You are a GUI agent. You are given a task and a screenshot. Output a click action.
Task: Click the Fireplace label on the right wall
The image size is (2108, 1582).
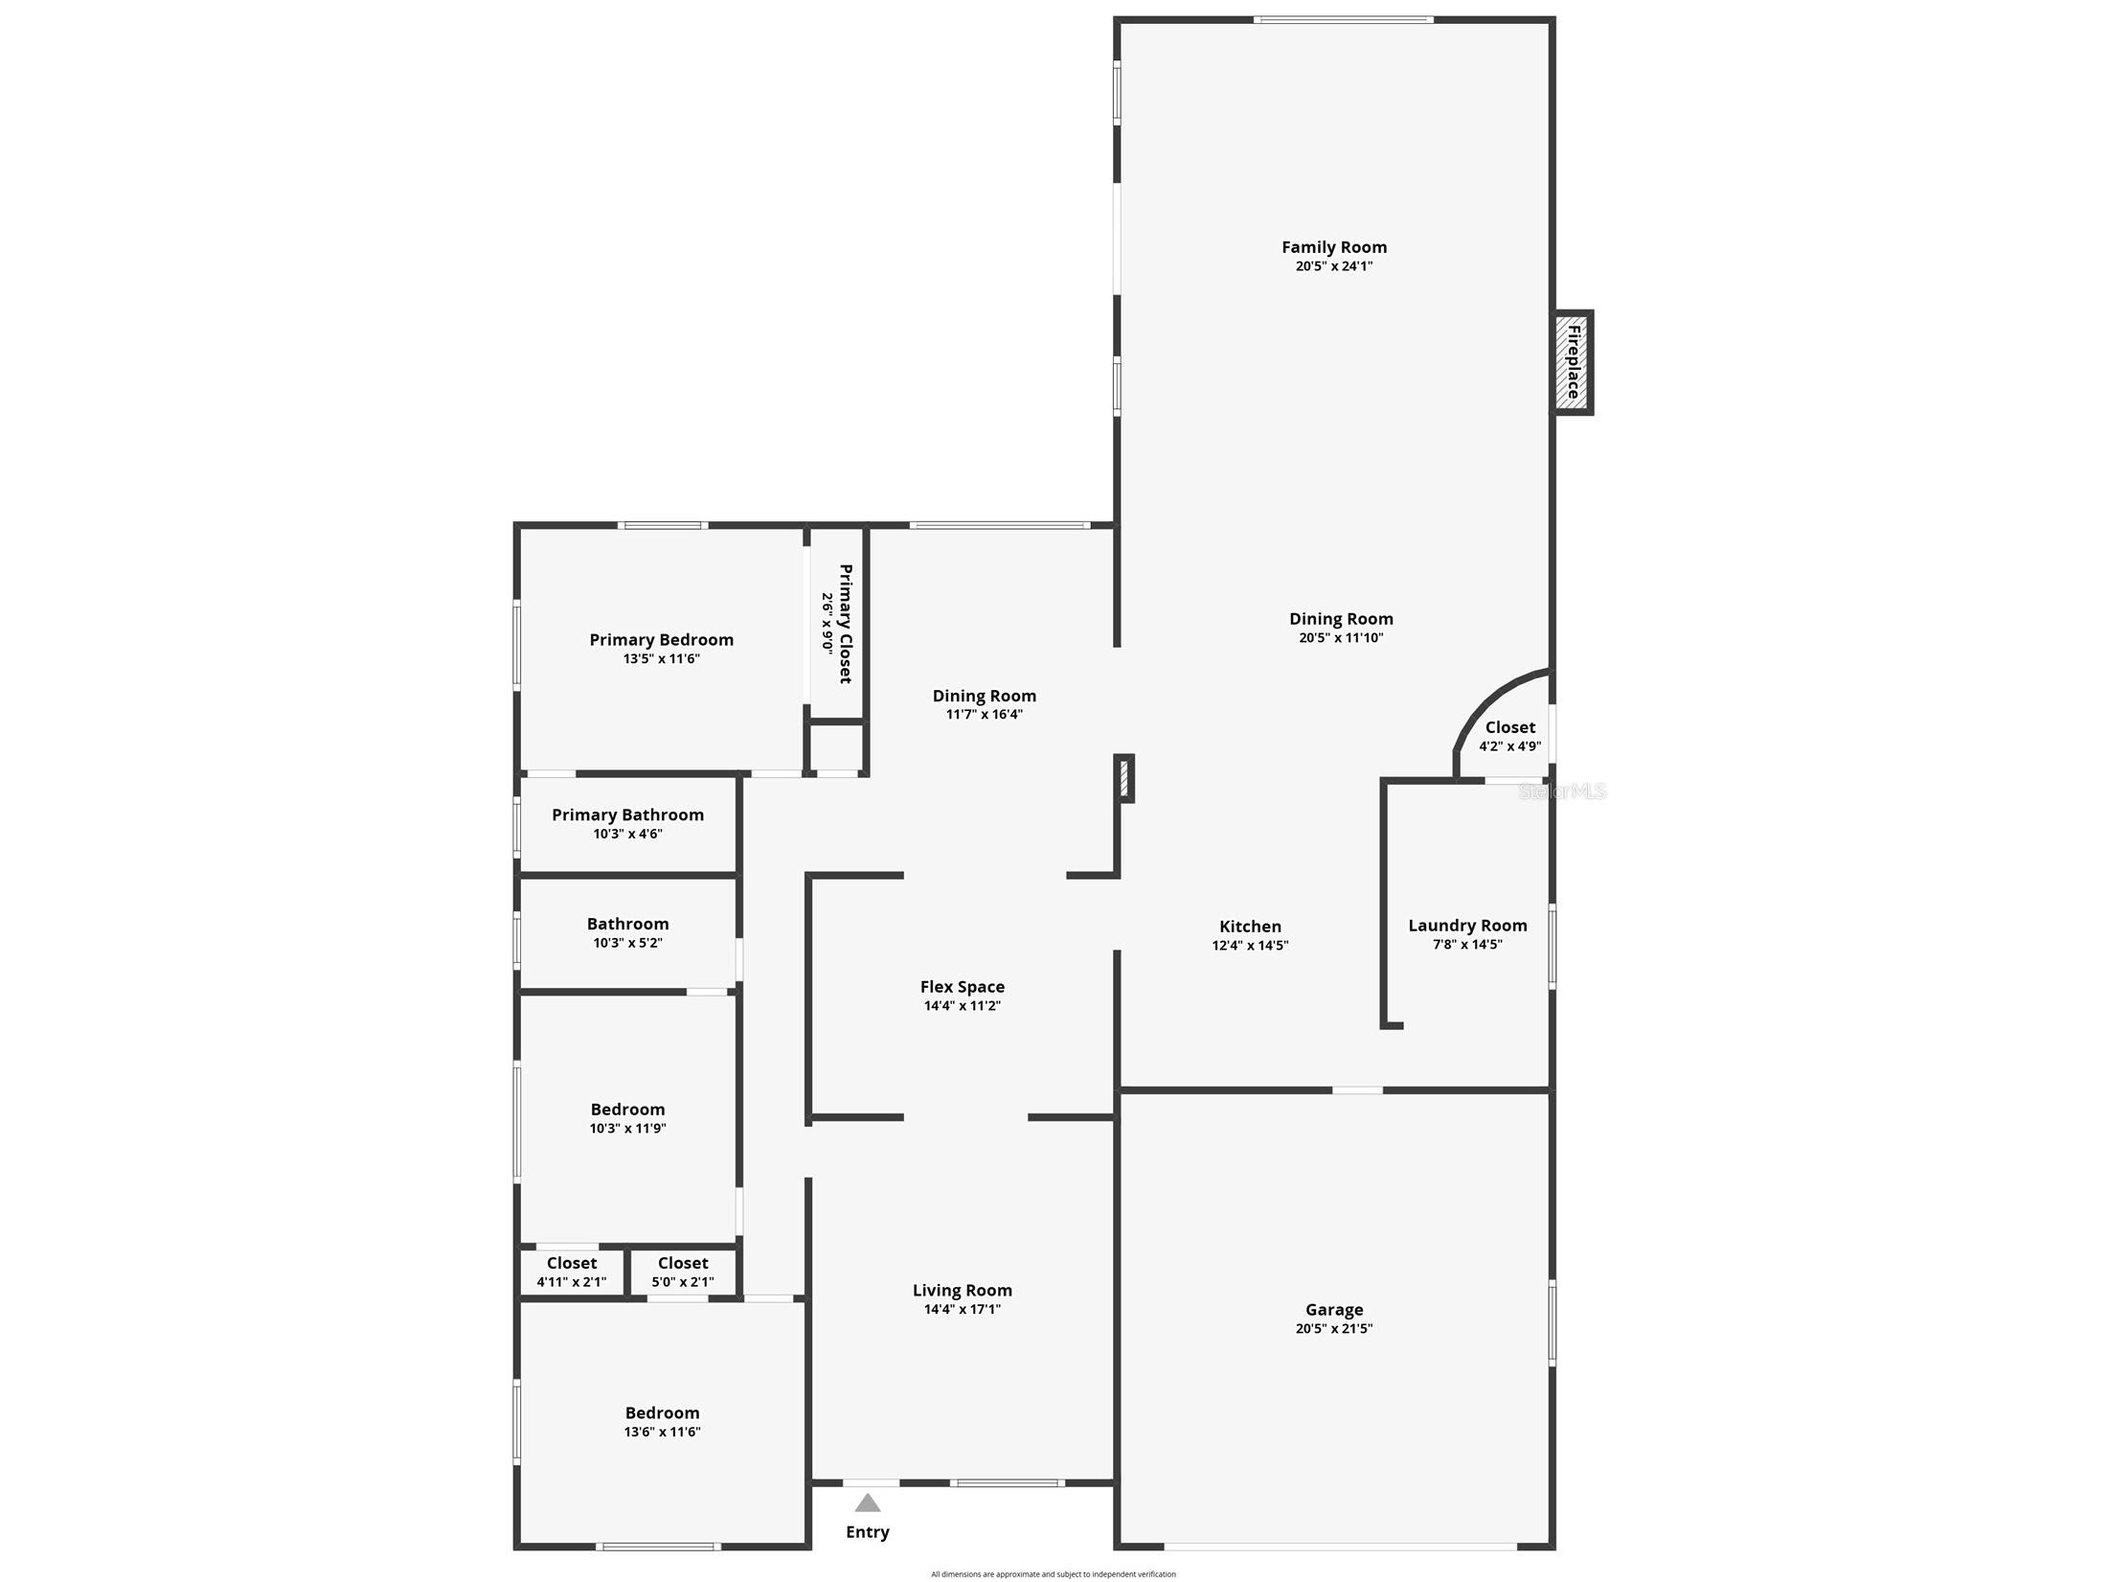point(1573,362)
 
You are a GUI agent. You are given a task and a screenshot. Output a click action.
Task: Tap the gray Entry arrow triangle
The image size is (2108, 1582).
point(867,1502)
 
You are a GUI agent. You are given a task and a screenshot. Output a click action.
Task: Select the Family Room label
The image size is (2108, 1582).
point(1333,247)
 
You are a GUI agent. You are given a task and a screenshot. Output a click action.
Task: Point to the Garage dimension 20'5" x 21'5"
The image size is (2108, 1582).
point(1333,1328)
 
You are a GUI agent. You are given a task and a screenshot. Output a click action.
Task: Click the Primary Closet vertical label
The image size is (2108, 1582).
point(845,623)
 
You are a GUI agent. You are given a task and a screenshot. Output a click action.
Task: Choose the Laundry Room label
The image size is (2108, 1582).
point(1466,926)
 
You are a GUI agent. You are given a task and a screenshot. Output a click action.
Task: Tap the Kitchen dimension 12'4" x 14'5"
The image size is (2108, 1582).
point(1250,946)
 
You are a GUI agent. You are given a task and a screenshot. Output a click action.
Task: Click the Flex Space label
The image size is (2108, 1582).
point(962,987)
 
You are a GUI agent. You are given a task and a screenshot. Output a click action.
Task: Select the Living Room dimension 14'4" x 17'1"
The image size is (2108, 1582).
point(962,1309)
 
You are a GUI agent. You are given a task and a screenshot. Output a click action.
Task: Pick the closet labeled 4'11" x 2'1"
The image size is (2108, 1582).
point(572,1272)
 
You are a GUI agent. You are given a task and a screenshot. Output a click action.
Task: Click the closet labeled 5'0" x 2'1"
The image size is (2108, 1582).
point(683,1272)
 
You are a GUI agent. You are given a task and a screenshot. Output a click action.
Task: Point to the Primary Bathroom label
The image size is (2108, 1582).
point(627,814)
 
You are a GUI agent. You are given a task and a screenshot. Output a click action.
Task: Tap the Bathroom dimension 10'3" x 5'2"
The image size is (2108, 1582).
point(627,943)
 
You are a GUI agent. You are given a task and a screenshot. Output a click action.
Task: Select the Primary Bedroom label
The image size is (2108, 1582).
point(661,640)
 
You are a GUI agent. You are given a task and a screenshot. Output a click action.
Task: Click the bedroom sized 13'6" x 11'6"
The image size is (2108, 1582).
point(662,1421)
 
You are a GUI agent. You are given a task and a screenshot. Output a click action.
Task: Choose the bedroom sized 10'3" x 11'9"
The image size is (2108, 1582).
point(627,1118)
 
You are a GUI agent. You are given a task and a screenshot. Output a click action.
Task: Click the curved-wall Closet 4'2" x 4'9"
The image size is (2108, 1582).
point(1509,736)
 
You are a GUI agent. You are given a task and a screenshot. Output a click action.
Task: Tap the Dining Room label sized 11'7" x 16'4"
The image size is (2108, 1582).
point(984,697)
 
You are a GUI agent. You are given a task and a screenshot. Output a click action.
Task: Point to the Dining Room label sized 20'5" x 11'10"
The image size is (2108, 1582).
point(1340,619)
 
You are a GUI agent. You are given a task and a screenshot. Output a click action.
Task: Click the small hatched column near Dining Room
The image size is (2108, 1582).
point(1125,778)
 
